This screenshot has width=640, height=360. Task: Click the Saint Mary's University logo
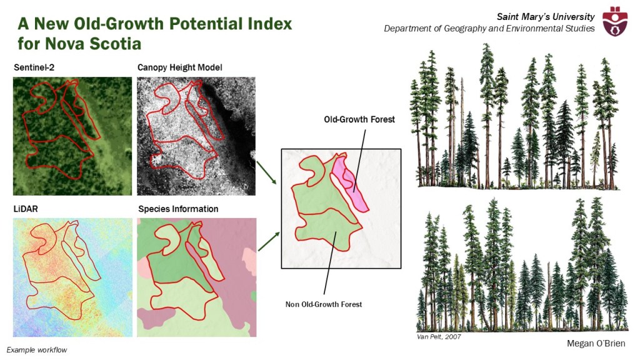pos(616,21)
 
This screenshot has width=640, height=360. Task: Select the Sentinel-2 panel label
pos(34,67)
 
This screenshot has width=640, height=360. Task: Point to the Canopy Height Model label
pos(179,67)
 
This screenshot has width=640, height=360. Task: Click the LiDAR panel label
pos(26,209)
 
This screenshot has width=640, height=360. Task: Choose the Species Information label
pos(178,209)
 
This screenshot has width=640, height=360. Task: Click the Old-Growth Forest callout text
pos(359,119)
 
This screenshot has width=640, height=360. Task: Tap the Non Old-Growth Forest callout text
pos(324,304)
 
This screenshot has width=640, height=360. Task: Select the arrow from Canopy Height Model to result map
pos(266,172)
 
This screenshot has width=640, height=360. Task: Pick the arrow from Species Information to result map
pos(269,241)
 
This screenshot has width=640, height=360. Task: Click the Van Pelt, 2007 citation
pos(439,337)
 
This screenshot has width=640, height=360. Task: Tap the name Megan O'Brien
pos(596,344)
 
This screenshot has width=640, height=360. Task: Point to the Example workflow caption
pos(37,350)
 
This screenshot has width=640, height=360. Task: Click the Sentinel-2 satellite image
pos(72,136)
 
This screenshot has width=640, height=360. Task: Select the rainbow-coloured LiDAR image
pos(72,277)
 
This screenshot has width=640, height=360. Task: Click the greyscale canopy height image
pos(196,136)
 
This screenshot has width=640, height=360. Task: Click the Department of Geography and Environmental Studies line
pos(489,29)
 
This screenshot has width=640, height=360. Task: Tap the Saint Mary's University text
pos(546,17)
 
